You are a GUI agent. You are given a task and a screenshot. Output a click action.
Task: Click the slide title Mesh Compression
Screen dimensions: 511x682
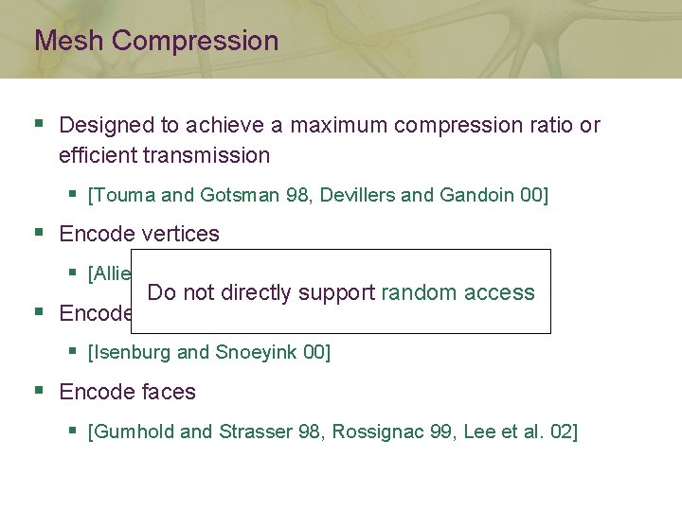156,41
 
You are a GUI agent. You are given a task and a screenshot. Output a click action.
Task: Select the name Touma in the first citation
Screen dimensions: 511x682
125,195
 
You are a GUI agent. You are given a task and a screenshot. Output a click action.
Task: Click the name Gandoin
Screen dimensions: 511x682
477,195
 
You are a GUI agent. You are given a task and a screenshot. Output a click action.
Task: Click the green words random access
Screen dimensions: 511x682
458,292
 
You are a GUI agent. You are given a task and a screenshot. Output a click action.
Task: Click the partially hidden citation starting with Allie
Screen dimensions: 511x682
110,273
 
